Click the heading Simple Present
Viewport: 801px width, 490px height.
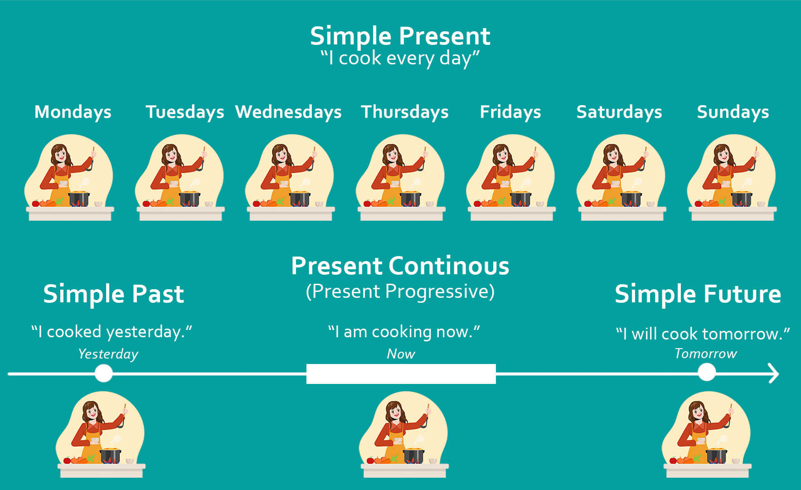pos(400,36)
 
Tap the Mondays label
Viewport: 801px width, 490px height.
pos(73,112)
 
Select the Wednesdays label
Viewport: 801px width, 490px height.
pos(288,112)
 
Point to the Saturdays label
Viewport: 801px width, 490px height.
pos(619,112)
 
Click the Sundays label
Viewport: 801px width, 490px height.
pos(733,112)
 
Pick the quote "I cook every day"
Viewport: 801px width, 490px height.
pos(400,58)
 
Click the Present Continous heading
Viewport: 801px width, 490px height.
pos(400,266)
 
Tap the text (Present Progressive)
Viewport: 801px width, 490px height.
pos(400,291)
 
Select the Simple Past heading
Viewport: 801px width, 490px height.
pos(113,294)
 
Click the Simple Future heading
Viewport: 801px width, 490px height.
pos(698,294)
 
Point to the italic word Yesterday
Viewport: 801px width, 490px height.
pos(108,354)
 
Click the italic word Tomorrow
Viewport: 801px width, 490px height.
pos(706,354)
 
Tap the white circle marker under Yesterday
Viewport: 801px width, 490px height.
pos(104,374)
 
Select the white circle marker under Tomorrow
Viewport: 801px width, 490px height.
pos(706,373)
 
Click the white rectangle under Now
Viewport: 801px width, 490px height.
pos(401,374)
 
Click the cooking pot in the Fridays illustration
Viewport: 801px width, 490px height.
pos(520,198)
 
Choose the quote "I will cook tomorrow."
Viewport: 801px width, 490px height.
pos(703,334)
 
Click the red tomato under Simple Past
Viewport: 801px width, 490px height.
pos(67,461)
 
